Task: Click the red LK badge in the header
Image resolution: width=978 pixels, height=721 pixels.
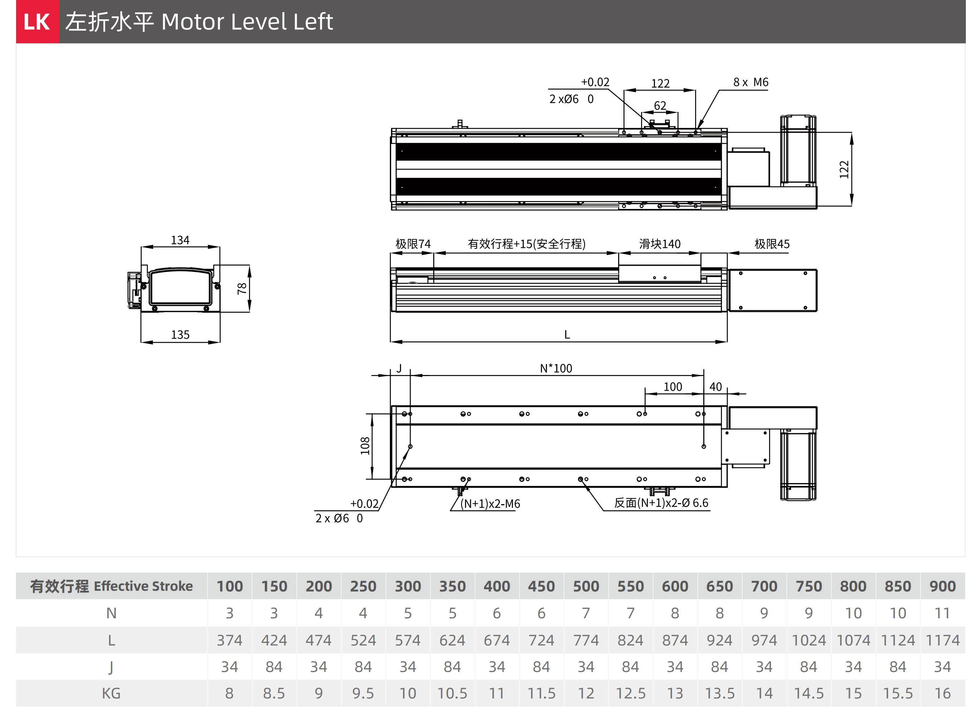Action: [37, 21]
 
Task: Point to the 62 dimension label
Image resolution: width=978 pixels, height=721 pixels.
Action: [660, 106]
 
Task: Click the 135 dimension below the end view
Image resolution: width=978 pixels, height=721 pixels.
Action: [180, 335]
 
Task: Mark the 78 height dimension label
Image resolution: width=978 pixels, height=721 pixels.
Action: [242, 288]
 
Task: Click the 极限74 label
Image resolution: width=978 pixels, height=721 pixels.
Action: [413, 244]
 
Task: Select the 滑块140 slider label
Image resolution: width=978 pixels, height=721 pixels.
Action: [660, 244]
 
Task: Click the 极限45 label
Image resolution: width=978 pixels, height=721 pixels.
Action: [772, 244]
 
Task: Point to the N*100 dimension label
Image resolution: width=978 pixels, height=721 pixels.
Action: [556, 368]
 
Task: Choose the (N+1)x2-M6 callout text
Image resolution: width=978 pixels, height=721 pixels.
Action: [490, 504]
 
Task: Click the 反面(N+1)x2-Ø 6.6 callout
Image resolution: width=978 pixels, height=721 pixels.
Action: [661, 503]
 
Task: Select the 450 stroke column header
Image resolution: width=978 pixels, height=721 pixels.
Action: [541, 586]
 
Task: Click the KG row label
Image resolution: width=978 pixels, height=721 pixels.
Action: [111, 693]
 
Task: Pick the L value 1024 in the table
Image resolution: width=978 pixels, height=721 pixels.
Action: [808, 640]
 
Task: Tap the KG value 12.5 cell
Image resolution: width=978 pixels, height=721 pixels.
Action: [630, 693]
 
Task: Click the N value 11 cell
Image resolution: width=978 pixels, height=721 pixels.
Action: [942, 613]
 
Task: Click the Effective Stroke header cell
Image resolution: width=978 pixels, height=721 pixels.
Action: [111, 586]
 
